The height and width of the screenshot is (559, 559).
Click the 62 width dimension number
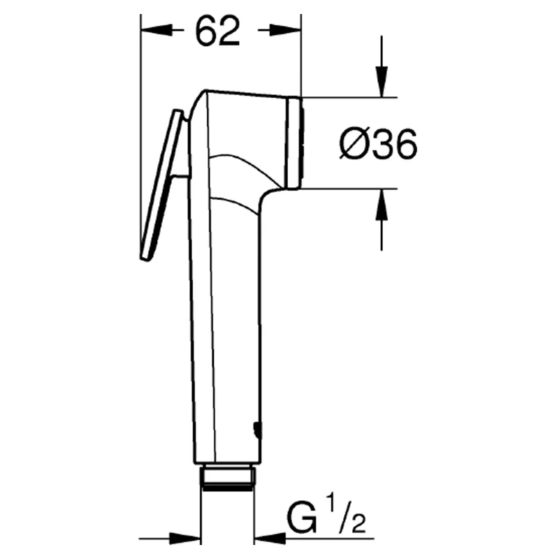pos(218,31)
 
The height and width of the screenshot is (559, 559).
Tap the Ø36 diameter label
pos(378,144)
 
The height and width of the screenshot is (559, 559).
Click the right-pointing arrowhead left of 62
pos(157,30)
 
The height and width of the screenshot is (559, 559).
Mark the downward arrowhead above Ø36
pos(382,81)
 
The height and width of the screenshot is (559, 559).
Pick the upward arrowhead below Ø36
pos(382,204)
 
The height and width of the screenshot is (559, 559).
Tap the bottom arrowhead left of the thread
pos(184,538)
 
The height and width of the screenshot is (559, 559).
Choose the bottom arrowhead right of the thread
pos(270,538)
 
